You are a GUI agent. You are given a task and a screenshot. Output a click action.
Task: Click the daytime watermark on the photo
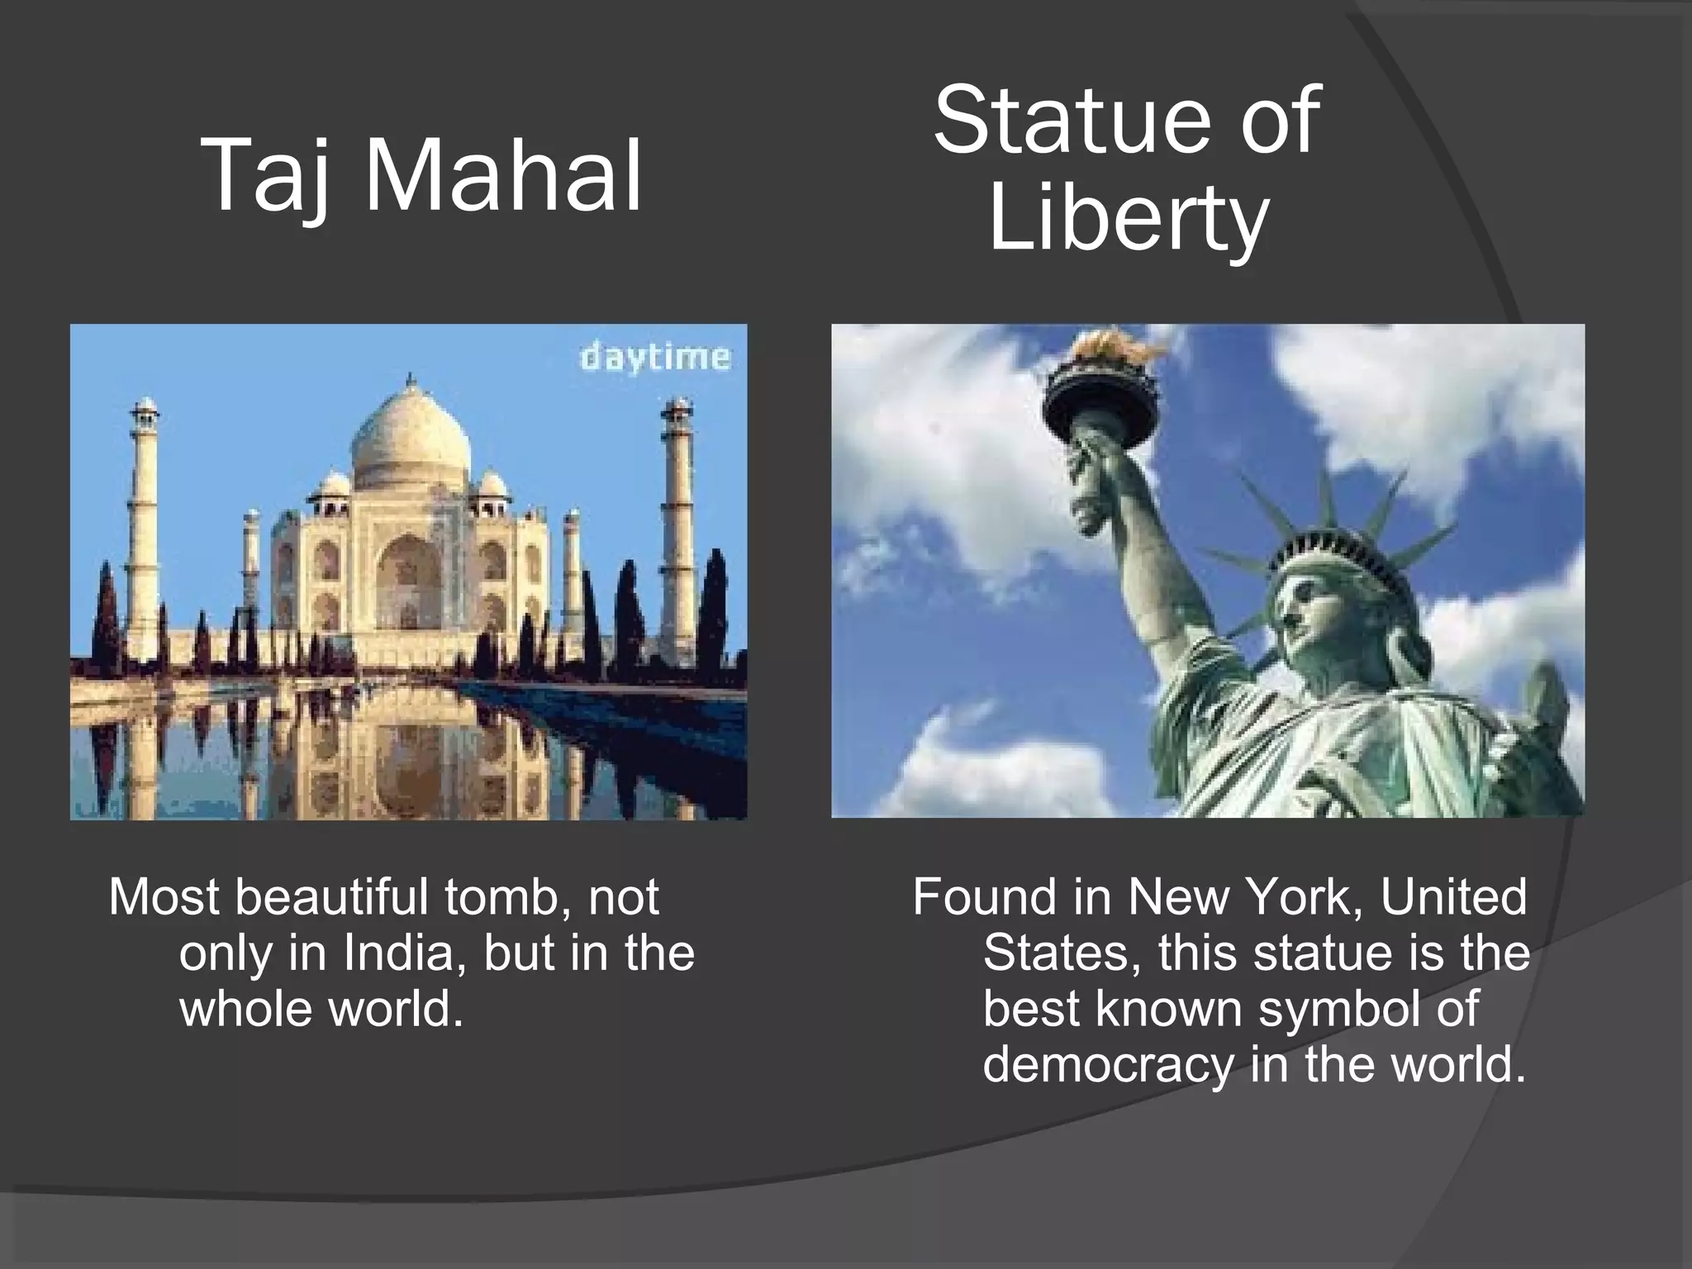(655, 358)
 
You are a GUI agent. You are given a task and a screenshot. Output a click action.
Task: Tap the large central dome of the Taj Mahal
(411, 438)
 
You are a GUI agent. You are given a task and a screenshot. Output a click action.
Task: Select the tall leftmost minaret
(144, 529)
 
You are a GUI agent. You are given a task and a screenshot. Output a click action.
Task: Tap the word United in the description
(1453, 897)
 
